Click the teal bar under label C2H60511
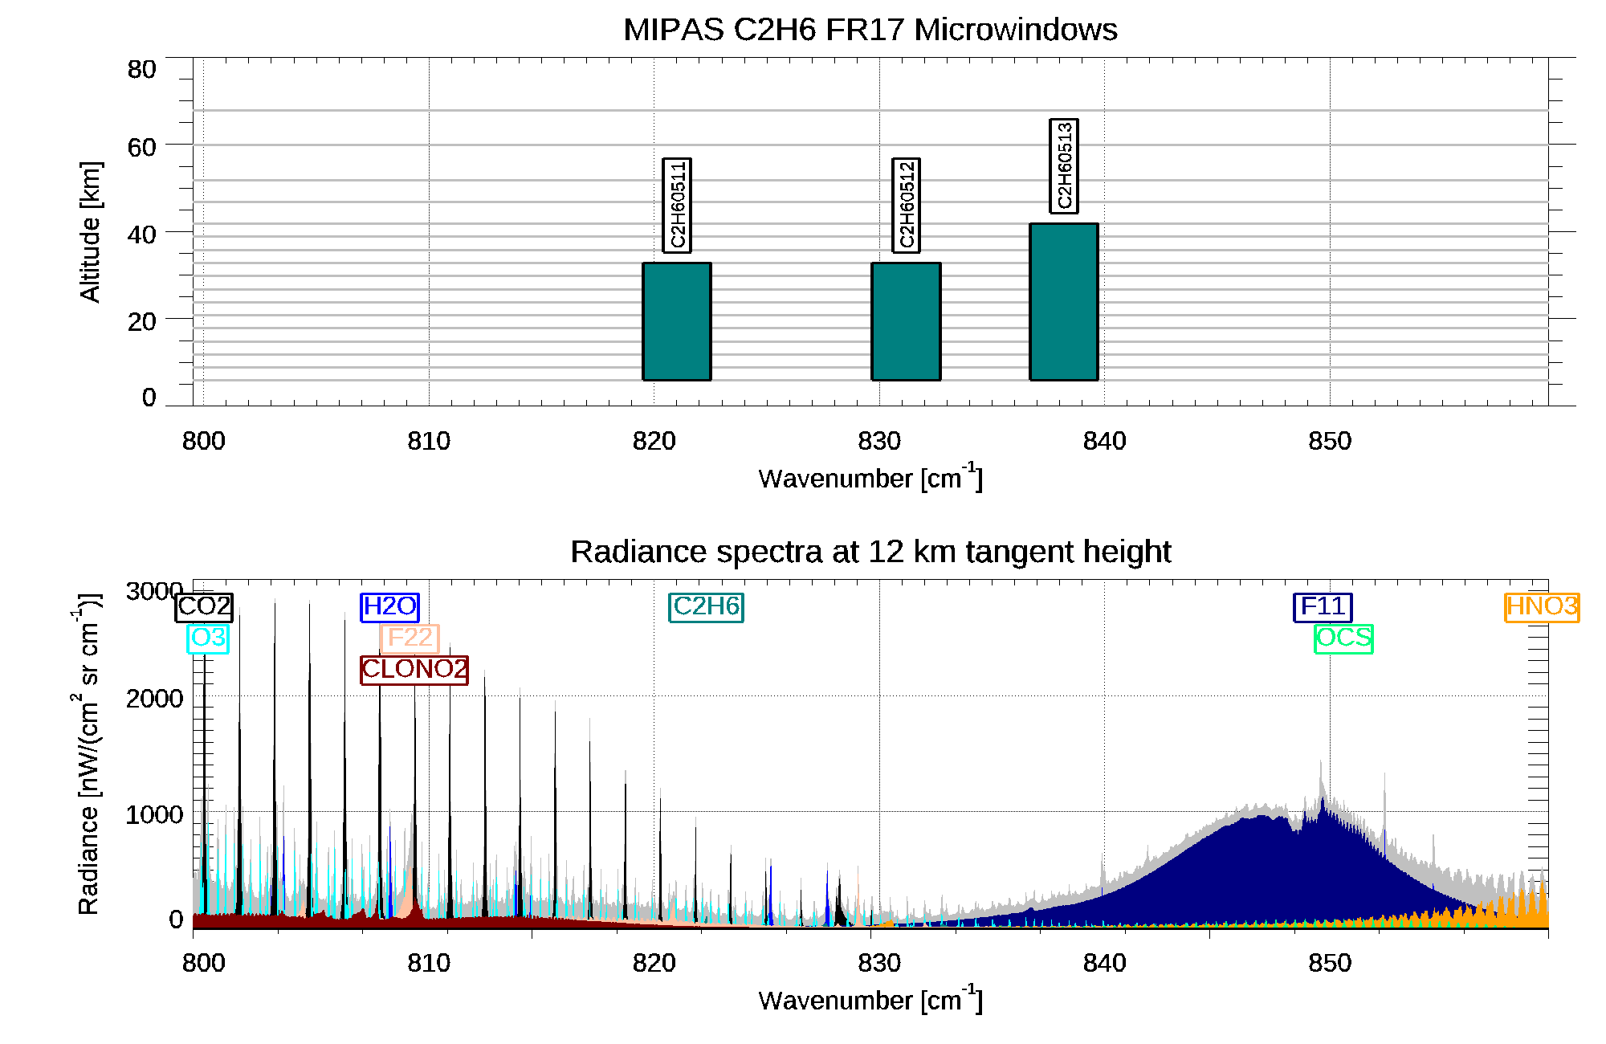click(677, 321)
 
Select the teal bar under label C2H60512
click(906, 321)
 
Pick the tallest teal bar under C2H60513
click(1064, 302)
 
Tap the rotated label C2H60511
click(677, 206)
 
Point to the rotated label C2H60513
click(1064, 166)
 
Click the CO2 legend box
click(204, 607)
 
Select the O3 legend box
click(208, 638)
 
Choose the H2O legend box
click(390, 606)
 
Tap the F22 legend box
click(410, 638)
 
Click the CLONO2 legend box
click(414, 669)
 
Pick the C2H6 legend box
click(706, 606)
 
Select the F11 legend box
click(1323, 606)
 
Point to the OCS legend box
click(1343, 638)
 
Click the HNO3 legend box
click(1542, 606)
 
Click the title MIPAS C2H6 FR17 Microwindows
click(870, 30)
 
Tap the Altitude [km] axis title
click(90, 231)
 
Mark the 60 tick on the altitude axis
click(141, 147)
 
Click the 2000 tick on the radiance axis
click(154, 699)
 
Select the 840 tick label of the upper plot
click(1104, 441)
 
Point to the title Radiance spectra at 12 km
click(870, 552)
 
